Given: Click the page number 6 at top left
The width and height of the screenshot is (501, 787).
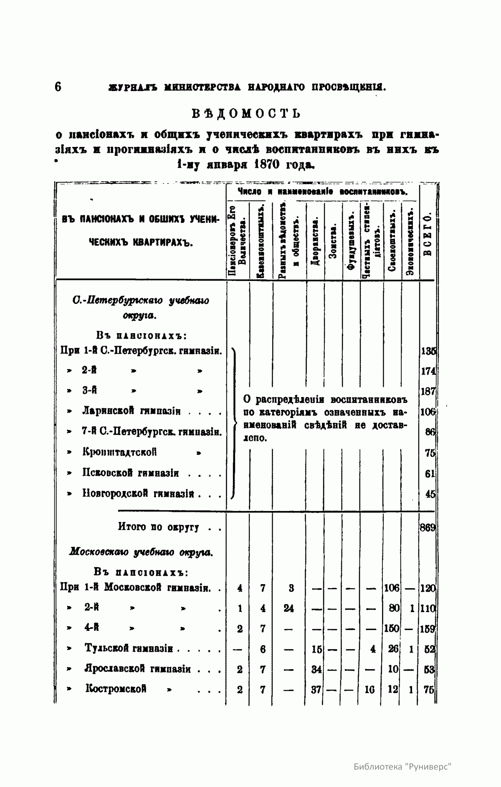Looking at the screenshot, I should (x=58, y=87).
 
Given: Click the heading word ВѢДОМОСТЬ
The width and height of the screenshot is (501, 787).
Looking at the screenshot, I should (x=246, y=114).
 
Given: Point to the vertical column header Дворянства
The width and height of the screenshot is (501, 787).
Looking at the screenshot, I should (x=316, y=241).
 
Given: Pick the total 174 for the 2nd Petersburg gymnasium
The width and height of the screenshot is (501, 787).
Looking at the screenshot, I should (x=429, y=371).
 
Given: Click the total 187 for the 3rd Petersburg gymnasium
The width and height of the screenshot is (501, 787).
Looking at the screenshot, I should (x=429, y=391).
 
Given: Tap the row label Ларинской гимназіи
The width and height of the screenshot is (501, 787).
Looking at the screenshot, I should (x=131, y=412).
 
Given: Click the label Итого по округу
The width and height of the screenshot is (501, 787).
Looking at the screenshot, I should (x=158, y=527).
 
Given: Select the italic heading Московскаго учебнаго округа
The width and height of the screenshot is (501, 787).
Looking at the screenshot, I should (x=141, y=552).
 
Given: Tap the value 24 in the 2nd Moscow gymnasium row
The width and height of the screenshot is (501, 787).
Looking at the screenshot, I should (x=288, y=608).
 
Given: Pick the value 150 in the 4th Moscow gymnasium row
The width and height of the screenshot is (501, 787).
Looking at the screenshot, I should (x=392, y=628).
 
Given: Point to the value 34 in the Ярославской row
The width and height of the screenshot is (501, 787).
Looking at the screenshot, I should (x=316, y=669).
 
